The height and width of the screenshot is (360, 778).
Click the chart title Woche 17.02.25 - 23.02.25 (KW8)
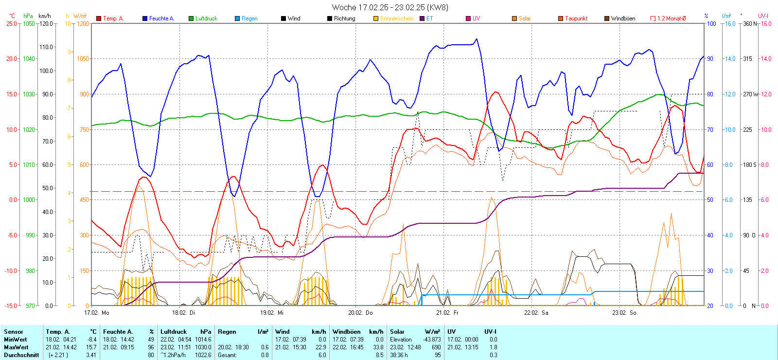[x=390, y=7]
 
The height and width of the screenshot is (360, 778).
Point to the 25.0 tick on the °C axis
[x=12, y=23]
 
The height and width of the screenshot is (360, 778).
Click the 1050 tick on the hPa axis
[x=29, y=23]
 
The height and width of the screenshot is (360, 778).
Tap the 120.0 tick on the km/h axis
[x=46, y=23]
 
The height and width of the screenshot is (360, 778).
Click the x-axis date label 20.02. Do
[x=360, y=313]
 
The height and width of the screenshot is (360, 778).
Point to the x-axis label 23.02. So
[x=624, y=313]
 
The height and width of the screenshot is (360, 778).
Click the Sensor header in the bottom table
[x=14, y=332]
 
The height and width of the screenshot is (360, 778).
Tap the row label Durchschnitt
[x=21, y=355]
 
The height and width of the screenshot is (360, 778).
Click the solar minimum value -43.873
[x=432, y=340]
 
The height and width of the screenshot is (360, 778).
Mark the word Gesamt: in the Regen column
[x=227, y=355]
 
